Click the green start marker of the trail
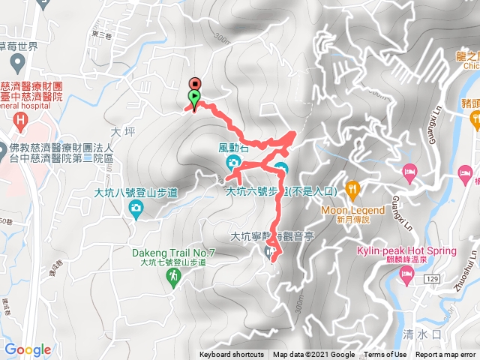[194, 97]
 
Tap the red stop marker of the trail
[196, 83]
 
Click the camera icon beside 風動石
[233, 162]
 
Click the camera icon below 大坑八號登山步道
[135, 211]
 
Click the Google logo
[28, 349]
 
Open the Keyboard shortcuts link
[231, 355]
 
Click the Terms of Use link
[385, 355]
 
